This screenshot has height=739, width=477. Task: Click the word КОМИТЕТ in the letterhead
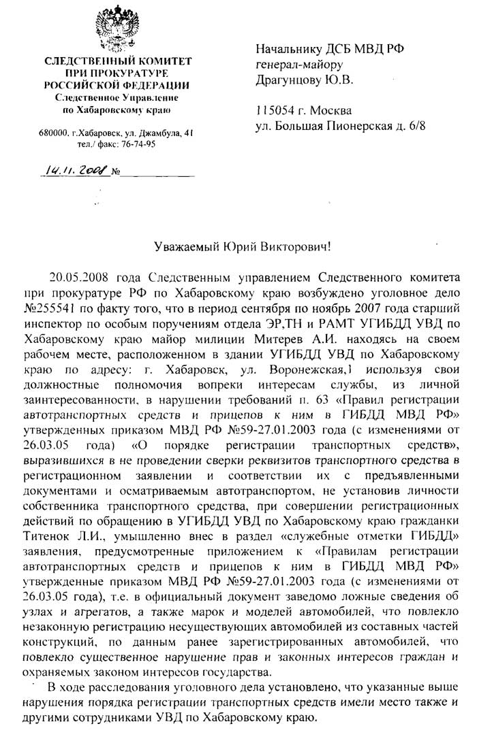(164, 61)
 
